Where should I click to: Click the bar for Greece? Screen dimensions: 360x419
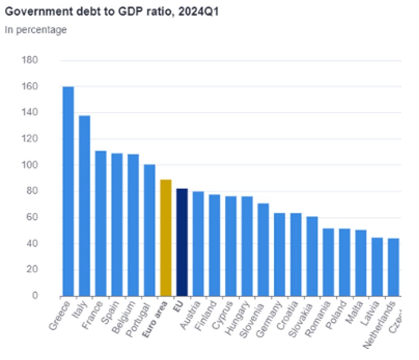68,191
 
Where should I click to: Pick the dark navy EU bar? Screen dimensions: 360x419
182,242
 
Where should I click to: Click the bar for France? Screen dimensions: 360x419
101,223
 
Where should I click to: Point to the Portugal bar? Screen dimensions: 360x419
150,230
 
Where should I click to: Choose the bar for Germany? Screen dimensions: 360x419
280,254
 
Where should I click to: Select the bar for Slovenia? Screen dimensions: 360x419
263,249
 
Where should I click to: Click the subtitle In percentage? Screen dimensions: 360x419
36,30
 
